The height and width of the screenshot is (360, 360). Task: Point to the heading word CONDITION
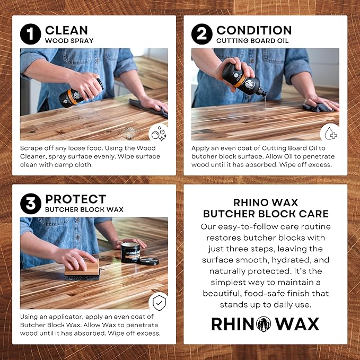[x=253, y=30]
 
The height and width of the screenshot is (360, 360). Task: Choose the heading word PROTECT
[x=75, y=199]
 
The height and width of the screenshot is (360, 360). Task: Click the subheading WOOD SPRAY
[x=69, y=40]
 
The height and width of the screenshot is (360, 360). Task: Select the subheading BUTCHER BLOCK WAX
[x=84, y=209]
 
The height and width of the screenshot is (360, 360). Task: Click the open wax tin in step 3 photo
[x=130, y=252]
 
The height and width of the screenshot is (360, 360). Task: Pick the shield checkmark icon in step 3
[x=157, y=301]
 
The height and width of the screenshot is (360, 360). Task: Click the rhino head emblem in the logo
[x=265, y=324]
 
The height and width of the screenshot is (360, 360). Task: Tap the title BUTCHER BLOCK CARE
[x=266, y=214]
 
